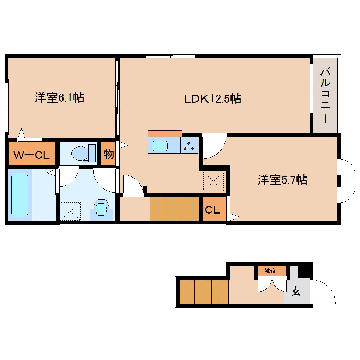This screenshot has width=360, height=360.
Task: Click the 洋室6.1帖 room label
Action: pos(59,98)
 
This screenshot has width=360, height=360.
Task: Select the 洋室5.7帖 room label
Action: pos(282,180)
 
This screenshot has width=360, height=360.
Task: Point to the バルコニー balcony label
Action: pos(325,95)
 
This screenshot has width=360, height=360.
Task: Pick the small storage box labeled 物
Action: pos(109,154)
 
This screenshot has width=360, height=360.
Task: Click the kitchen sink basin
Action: pos(160,145)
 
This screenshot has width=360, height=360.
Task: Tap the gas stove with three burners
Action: pos(189,146)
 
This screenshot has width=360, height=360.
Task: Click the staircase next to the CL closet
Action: pos(174,209)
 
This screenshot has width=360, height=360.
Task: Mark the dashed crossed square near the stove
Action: pos(214,181)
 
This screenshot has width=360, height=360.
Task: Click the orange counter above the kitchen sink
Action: pos(165,133)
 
